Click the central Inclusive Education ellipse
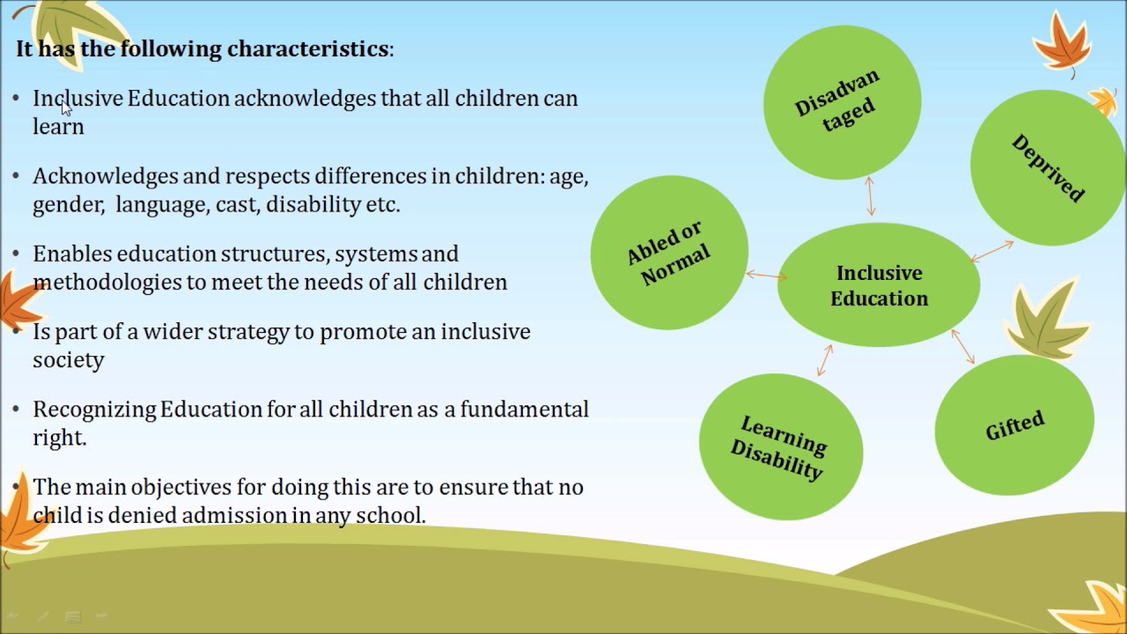[878, 285]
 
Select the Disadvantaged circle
[842, 101]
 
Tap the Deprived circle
[1048, 167]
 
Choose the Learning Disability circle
[780, 446]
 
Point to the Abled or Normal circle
[669, 252]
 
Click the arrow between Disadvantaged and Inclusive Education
[871, 196]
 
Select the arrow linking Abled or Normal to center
[766, 276]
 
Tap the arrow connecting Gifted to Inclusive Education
[963, 346]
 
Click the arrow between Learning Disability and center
[825, 360]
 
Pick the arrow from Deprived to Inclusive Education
[992, 252]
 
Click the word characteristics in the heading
[307, 48]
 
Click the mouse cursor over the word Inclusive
[66, 107]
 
